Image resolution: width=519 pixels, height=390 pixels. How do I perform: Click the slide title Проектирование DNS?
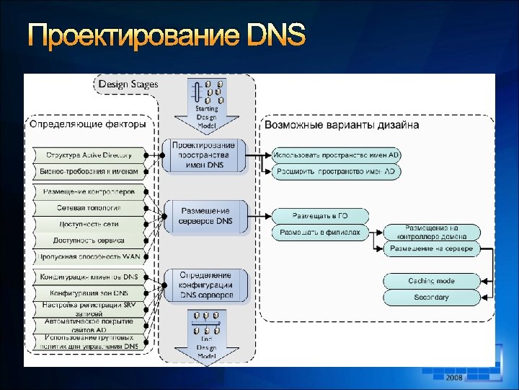click(167, 35)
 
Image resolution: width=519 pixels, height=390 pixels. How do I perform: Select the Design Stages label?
click(128, 84)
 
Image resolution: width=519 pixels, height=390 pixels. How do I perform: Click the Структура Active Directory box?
click(88, 155)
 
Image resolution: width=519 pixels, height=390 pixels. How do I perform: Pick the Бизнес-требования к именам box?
click(88, 172)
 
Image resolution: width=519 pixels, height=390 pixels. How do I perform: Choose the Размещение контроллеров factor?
click(88, 192)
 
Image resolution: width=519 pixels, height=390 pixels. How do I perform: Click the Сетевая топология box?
click(88, 208)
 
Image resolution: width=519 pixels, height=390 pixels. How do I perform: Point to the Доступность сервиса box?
click(88, 240)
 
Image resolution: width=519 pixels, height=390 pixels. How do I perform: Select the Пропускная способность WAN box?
click(88, 256)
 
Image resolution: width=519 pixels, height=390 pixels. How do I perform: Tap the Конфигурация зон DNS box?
click(88, 292)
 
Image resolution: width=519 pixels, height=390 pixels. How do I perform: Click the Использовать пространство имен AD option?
click(336, 155)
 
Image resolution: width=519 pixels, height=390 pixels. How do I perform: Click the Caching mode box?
click(431, 280)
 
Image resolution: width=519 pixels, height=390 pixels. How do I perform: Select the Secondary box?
click(431, 297)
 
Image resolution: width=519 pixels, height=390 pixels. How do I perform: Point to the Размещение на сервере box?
click(431, 248)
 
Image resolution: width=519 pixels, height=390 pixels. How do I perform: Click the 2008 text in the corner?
click(454, 378)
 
